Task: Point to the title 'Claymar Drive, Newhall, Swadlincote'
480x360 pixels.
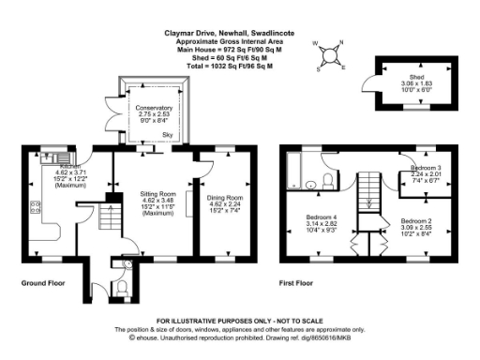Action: click(x=239, y=33)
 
